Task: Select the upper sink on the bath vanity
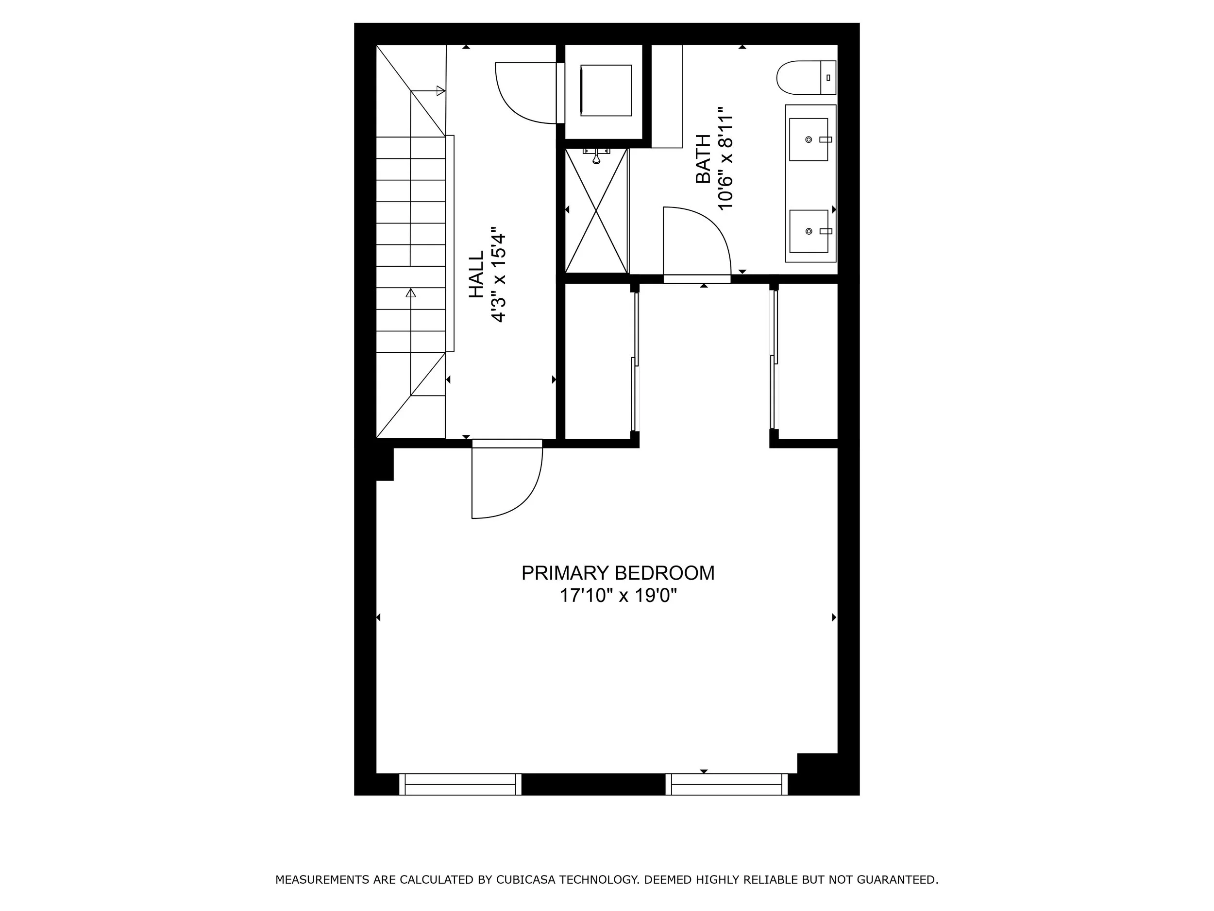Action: point(809,139)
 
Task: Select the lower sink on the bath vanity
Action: point(809,231)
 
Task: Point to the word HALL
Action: point(476,275)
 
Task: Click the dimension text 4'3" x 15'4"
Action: point(498,278)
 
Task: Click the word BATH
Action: point(703,159)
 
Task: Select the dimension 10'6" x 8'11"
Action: point(725,159)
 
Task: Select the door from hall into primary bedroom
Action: point(505,483)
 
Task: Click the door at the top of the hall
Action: point(524,93)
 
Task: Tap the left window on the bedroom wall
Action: point(460,784)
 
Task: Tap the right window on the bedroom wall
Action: point(726,784)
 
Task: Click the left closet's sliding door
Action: point(636,362)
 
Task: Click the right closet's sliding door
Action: point(774,362)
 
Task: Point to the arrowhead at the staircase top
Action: point(440,90)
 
